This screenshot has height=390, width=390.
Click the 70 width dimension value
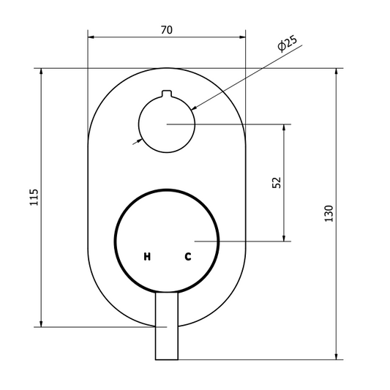[x=166, y=30]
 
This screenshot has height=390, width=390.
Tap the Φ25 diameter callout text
[x=288, y=44]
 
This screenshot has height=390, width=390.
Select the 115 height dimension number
[x=34, y=198]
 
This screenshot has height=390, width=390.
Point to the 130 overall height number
[x=329, y=214]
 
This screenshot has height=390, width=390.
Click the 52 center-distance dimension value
[x=277, y=183]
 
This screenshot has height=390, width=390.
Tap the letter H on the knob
[x=147, y=256]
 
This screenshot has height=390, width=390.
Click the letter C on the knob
[x=188, y=256]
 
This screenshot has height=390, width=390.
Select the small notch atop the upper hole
[x=167, y=94]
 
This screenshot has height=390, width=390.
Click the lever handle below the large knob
[x=167, y=326]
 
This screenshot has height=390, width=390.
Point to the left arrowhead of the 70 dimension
[x=91, y=37]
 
